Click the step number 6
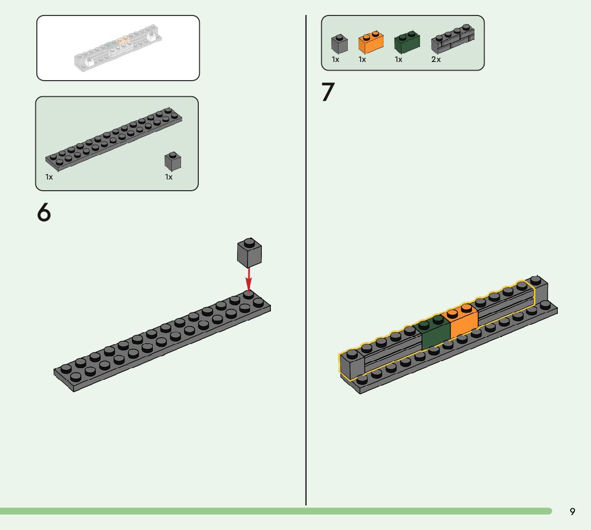44,213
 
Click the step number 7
328,92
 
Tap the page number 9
572,511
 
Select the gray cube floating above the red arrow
250,252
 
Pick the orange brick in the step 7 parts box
370,42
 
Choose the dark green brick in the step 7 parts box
407,42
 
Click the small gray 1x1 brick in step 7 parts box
339,43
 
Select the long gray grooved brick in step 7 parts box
453,40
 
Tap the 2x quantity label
436,59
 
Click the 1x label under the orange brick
362,59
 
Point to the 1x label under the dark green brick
399,59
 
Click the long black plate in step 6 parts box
113,138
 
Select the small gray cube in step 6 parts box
173,161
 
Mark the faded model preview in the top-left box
118,49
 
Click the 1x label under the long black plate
49,177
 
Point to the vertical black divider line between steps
306,267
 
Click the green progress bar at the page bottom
267,511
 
